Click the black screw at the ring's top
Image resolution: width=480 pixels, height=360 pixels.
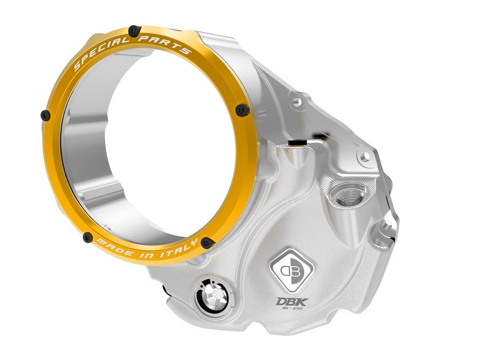point(134,30)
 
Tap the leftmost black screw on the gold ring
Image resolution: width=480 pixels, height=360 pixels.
point(46,116)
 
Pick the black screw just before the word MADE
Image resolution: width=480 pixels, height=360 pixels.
point(88,238)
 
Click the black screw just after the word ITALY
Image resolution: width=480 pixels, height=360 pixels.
point(207,242)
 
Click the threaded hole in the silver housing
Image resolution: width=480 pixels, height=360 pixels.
point(346,196)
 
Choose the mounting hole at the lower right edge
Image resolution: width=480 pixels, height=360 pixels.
point(387,227)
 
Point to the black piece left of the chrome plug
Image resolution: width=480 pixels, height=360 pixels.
point(166,289)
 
